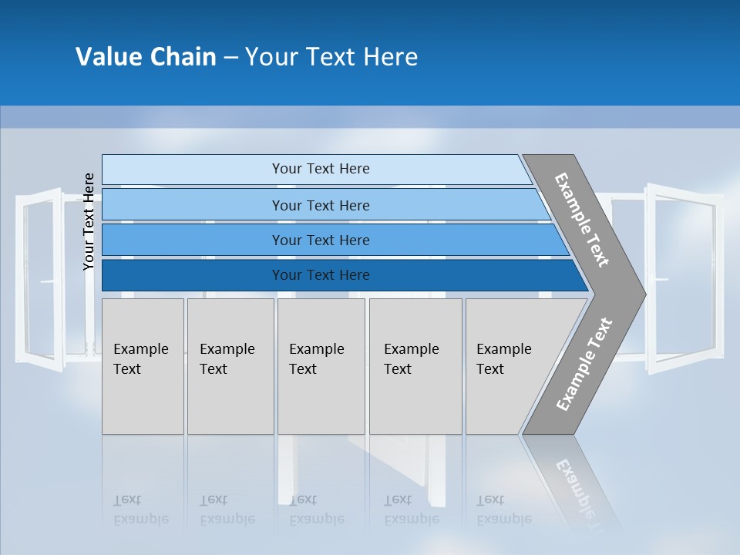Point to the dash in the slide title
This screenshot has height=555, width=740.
[230, 58]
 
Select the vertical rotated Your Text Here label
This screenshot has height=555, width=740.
[89, 221]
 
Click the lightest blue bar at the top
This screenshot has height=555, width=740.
[320, 169]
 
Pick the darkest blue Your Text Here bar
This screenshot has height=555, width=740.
[320, 275]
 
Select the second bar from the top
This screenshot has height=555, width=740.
[320, 205]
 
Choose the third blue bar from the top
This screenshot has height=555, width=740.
[320, 240]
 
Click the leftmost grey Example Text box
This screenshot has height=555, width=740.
[143, 366]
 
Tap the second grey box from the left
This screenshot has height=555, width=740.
[230, 366]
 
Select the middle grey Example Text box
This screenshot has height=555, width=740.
[321, 366]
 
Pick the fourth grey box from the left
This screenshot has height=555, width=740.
[415, 366]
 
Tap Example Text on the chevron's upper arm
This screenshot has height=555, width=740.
[582, 220]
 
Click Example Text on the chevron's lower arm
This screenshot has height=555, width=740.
[584, 365]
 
